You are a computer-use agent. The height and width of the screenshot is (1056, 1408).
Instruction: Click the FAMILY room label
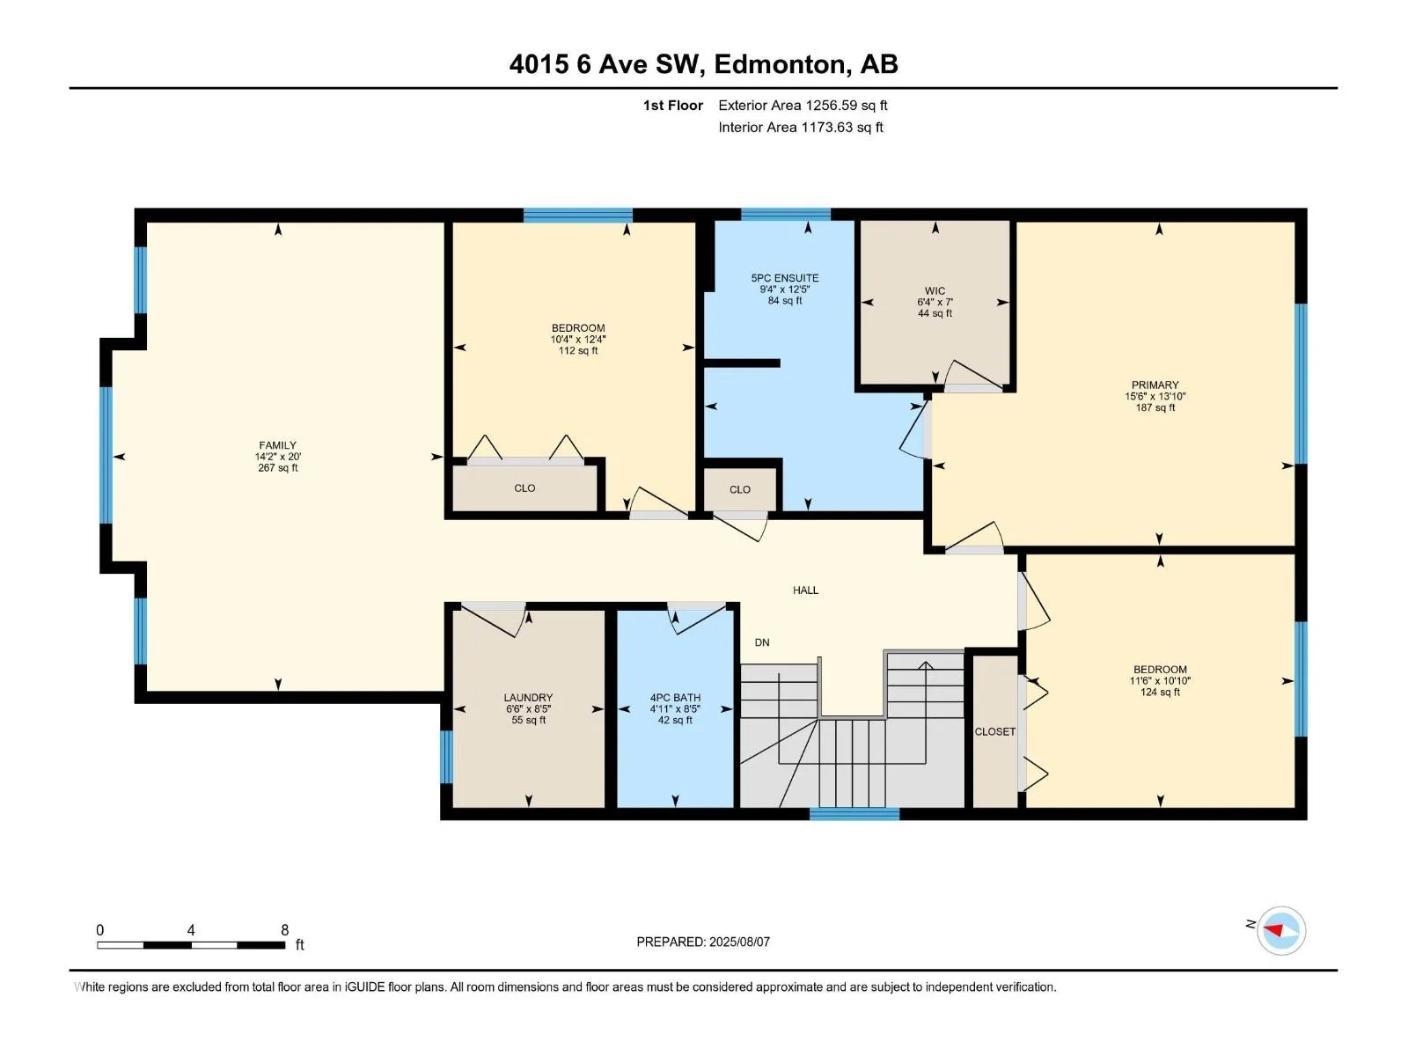coord(277,444)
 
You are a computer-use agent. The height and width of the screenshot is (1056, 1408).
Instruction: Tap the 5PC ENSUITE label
coord(784,277)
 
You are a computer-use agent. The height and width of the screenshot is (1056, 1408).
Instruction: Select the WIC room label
coord(935,290)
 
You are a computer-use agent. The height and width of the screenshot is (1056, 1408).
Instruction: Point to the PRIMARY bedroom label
coord(1155,385)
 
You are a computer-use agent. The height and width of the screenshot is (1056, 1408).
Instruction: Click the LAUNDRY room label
coord(528,697)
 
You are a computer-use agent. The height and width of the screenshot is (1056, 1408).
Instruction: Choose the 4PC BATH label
coord(675,697)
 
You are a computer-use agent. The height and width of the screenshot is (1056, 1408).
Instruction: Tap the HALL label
coord(805,590)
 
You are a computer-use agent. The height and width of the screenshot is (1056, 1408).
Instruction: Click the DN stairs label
coord(761,642)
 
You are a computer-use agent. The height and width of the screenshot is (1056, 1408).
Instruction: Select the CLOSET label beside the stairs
coord(994,731)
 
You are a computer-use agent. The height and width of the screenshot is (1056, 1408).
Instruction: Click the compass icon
coord(1280,930)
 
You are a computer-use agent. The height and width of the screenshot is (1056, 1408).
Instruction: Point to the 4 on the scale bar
coord(190,929)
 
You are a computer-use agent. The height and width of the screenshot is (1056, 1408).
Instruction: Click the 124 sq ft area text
coord(1160,692)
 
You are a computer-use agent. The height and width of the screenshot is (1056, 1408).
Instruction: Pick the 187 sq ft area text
coord(1155,407)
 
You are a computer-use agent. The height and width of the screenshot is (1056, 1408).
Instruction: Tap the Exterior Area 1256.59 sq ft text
coord(803,105)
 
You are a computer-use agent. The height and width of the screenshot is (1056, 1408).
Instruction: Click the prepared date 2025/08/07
coord(739,942)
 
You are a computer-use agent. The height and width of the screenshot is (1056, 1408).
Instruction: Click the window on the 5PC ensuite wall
coord(786,214)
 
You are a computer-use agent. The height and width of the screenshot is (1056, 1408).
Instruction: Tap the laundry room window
coord(446,757)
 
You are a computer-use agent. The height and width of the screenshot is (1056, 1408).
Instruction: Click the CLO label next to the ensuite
coord(739,489)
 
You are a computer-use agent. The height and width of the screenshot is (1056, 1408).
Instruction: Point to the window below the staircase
coord(854,814)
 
